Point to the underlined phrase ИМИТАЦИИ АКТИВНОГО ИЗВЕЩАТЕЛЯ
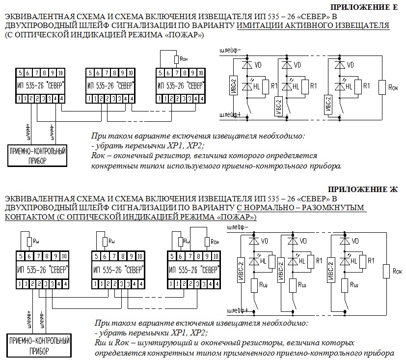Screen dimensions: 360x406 click(x=313, y=26)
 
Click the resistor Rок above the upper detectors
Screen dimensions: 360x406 click(x=176, y=60)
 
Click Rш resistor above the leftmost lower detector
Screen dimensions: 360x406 click(x=29, y=241)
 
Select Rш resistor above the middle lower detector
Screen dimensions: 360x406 click(x=104, y=241)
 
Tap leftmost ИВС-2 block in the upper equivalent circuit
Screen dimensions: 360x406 click(x=233, y=84)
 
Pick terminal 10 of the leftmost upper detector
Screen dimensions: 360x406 click(x=60, y=73)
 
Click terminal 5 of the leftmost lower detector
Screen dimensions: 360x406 click(x=21, y=256)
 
